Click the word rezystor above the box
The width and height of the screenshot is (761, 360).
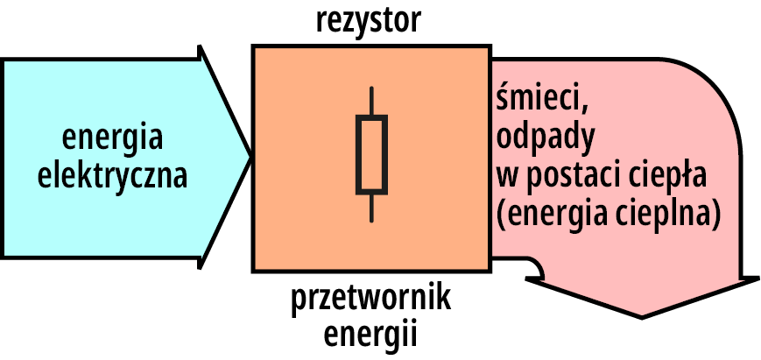(x=368, y=20)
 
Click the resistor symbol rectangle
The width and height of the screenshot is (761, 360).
(x=371, y=153)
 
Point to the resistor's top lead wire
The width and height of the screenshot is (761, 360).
(x=371, y=101)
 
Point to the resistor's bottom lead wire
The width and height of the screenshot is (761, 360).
(x=371, y=207)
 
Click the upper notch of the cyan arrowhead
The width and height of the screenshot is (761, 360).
(x=202, y=50)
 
